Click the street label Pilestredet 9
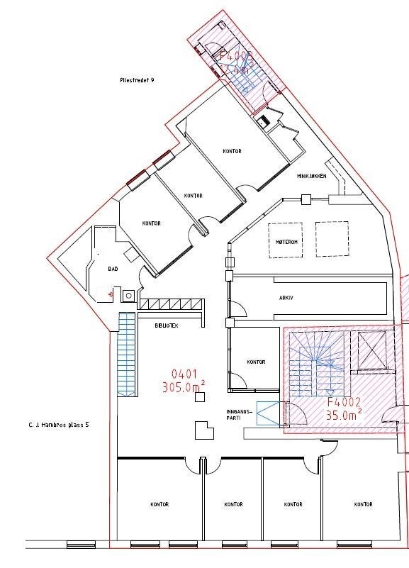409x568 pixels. pos(138,81)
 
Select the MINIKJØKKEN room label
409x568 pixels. pos(312,177)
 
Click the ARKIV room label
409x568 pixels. pos(286,298)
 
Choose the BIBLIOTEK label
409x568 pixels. pos(167,325)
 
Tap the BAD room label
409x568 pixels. pos(113,269)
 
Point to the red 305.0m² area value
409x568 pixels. pos(184,387)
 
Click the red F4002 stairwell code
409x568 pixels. pos(344,402)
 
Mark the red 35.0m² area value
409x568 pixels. pos(344,416)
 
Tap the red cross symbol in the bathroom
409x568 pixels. pos(111,292)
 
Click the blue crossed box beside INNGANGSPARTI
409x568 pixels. pos(269,413)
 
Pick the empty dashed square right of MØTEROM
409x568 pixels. pos(332,239)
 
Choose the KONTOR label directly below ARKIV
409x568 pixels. pos(256,362)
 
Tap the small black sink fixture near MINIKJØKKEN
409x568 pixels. pos(265,121)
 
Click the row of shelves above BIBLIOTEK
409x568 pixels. pos(171,304)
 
